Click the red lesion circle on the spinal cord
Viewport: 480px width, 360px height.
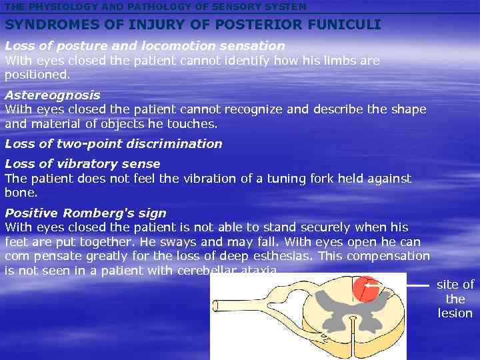(x=365, y=289)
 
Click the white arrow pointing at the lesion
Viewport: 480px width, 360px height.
(x=403, y=285)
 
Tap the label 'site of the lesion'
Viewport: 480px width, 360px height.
(x=455, y=299)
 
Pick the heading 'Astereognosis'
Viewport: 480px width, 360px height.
(x=53, y=95)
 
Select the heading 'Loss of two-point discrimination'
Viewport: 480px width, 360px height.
(x=113, y=144)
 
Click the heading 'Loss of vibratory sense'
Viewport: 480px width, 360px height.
(x=83, y=164)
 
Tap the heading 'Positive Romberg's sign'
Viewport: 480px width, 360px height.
(x=85, y=213)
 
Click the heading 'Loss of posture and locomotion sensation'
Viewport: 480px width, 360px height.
(x=145, y=46)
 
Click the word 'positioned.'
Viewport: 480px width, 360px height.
(x=37, y=75)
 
